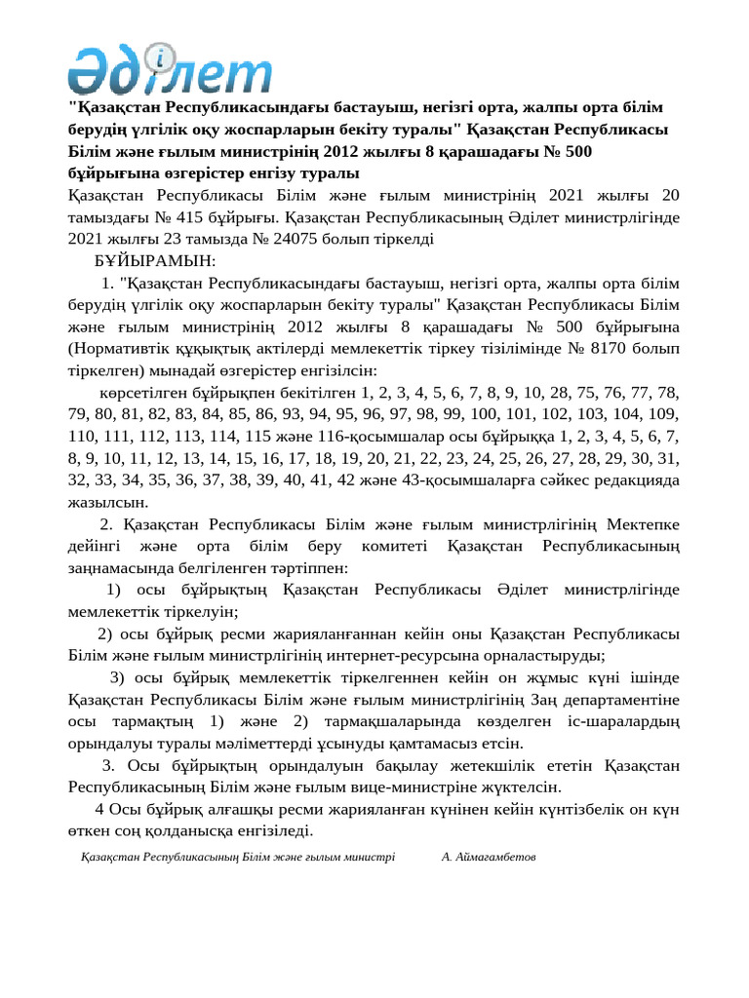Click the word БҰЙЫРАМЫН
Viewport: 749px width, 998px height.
[155, 261]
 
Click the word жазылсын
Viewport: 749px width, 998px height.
[109, 503]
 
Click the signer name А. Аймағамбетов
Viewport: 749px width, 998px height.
[489, 858]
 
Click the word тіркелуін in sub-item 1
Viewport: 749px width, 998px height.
[202, 612]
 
